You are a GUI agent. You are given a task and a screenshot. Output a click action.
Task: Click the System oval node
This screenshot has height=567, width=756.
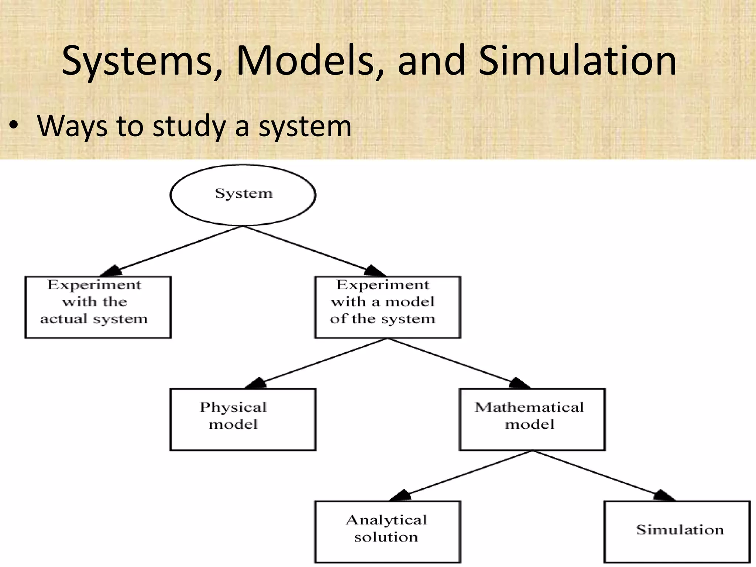pyautogui.click(x=243, y=195)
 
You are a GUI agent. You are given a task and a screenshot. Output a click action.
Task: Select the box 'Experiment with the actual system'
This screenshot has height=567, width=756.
pyautogui.click(x=98, y=307)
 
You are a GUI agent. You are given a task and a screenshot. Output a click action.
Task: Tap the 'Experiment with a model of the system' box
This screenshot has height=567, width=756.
pyautogui.click(x=387, y=307)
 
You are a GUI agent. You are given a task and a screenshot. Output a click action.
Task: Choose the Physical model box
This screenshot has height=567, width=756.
pyautogui.click(x=243, y=419)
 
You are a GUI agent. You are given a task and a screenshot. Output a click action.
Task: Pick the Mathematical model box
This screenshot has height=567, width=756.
pyautogui.click(x=532, y=419)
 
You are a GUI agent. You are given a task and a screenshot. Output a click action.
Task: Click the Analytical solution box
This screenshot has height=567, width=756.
pyautogui.click(x=387, y=532)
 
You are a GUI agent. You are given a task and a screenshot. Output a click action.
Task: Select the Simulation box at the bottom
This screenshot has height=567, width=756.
pyautogui.click(x=677, y=532)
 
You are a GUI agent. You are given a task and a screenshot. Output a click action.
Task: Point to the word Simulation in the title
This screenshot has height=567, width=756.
pyautogui.click(x=578, y=61)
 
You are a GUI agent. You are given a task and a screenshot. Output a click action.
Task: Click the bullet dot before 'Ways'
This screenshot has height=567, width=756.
pyautogui.click(x=14, y=127)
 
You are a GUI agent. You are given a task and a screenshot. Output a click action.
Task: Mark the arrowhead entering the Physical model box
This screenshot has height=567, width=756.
pyautogui.click(x=257, y=384)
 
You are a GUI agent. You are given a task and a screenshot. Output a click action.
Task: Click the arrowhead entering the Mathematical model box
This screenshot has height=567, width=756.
pyautogui.click(x=519, y=384)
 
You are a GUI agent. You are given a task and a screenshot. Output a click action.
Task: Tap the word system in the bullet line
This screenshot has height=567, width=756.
pyautogui.click(x=305, y=127)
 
